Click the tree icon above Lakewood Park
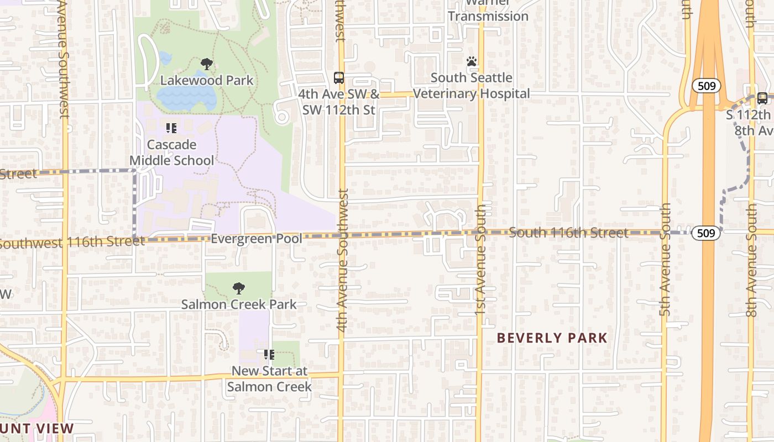[207, 64]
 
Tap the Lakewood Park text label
[207, 81]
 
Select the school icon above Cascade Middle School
[171, 128]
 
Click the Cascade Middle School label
[172, 152]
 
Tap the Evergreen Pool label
[257, 239]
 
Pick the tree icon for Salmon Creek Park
[239, 288]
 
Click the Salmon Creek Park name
[239, 304]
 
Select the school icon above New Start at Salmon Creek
[269, 354]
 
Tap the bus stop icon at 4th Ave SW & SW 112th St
[339, 78]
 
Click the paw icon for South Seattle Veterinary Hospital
[472, 61]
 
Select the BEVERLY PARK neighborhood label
[552, 338]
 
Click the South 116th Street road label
[568, 233]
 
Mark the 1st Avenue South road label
[480, 260]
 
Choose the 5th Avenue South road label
[666, 260]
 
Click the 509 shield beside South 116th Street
[707, 233]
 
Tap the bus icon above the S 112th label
[762, 98]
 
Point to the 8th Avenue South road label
[751, 260]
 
